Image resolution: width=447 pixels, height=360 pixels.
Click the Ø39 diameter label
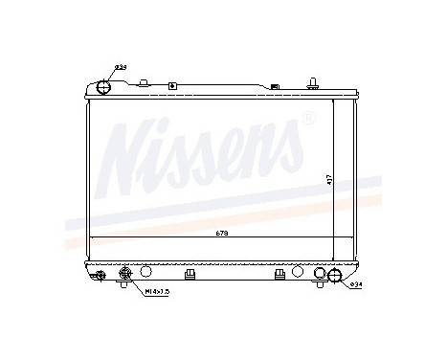click(121, 67)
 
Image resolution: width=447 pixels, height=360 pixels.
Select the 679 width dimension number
click(222, 235)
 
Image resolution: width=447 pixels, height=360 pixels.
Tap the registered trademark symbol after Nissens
click(307, 120)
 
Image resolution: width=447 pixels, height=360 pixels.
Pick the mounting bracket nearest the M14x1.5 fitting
click(189, 274)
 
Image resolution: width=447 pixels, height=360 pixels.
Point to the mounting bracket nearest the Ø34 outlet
click(279, 274)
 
